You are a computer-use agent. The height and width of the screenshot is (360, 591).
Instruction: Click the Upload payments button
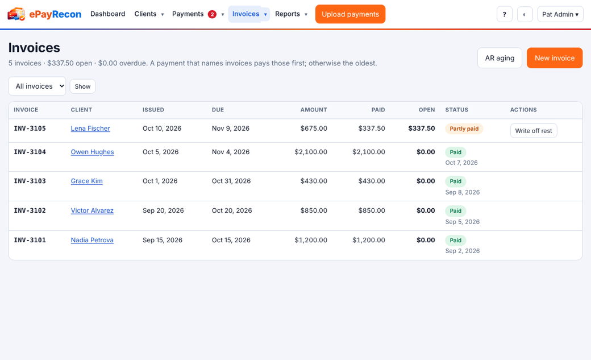coord(350,14)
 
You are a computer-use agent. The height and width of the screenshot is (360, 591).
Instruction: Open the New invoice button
coord(555,58)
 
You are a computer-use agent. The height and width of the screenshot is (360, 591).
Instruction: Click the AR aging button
coord(500,58)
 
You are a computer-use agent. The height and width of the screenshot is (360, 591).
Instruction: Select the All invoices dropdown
coord(37,86)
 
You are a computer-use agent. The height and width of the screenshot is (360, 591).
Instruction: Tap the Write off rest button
coord(534,131)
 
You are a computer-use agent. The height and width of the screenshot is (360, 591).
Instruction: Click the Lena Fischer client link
coord(90,129)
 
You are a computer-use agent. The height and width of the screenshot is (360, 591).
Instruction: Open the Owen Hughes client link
coord(92,152)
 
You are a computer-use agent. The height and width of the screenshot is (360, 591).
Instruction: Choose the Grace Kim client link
coord(87,181)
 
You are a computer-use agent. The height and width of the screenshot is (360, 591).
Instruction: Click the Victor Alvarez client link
coord(92,210)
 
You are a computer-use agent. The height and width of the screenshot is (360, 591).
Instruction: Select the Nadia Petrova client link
coord(92,239)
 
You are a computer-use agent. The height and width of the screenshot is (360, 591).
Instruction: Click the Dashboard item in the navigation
coord(108,14)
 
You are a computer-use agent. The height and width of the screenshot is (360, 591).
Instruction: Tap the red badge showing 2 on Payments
coord(212,14)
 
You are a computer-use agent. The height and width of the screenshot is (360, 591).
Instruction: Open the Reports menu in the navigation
coord(291,14)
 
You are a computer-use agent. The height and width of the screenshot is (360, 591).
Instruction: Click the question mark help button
coord(504,14)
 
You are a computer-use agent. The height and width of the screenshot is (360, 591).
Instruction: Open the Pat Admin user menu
coord(560,14)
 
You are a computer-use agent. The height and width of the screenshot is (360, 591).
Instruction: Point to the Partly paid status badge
coord(464,129)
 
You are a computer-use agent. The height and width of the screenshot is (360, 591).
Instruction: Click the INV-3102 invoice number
coord(30,210)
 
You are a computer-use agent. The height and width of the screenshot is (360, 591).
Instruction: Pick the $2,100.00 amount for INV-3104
coord(311,152)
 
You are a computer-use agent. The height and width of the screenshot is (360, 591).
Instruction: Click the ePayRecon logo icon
coord(16,14)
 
